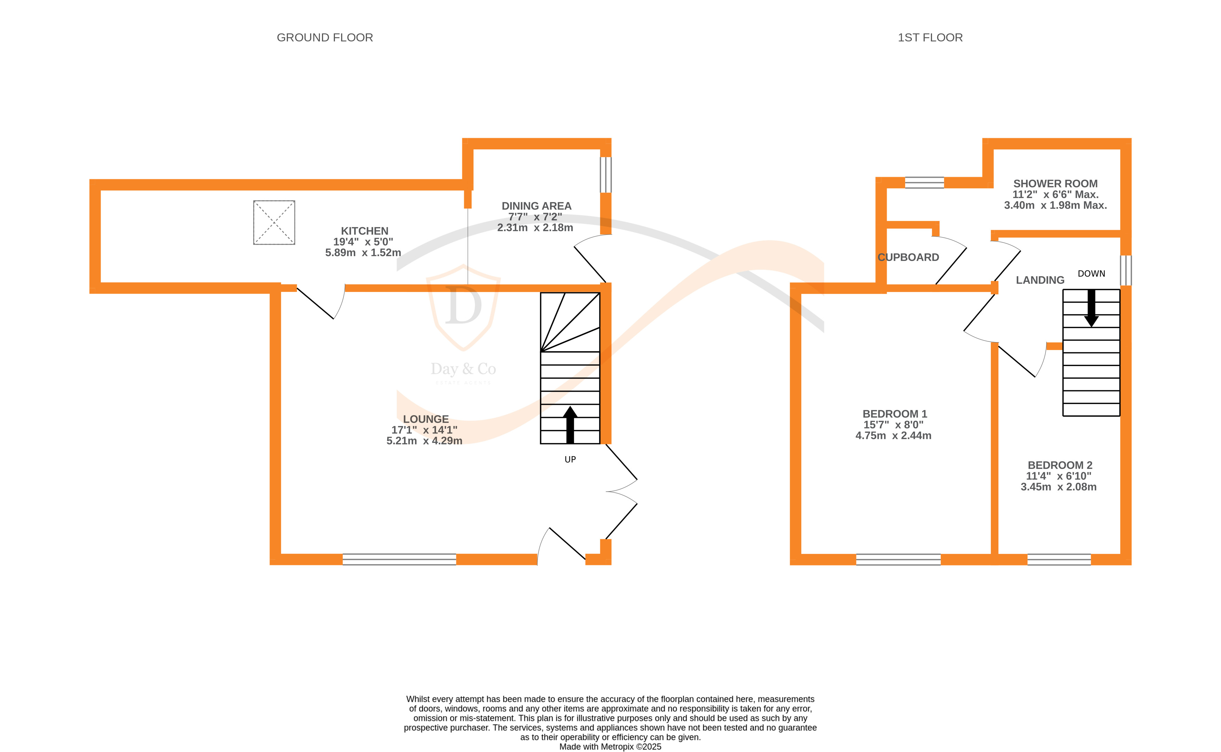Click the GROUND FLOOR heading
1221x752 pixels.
pos(324,38)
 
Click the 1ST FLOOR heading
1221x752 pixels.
pos(930,38)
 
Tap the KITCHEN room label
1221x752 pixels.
pos(364,231)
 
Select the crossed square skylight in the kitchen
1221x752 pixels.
pos(274,222)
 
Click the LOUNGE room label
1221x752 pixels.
pos(425,419)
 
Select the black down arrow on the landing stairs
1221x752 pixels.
pos(1091,308)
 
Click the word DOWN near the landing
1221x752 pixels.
pos(1091,274)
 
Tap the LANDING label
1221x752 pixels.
pos(1040,280)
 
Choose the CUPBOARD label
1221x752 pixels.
pos(908,258)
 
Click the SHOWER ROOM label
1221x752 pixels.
pos(1055,183)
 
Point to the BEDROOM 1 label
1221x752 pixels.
pos(895,414)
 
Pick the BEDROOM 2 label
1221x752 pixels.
pos(1060,465)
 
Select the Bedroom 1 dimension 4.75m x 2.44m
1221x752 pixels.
pos(893,436)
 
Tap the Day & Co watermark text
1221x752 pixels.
pos(463,369)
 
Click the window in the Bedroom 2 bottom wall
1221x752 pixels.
pos(1059,560)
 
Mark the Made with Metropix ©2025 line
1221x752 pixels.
pos(610,746)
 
